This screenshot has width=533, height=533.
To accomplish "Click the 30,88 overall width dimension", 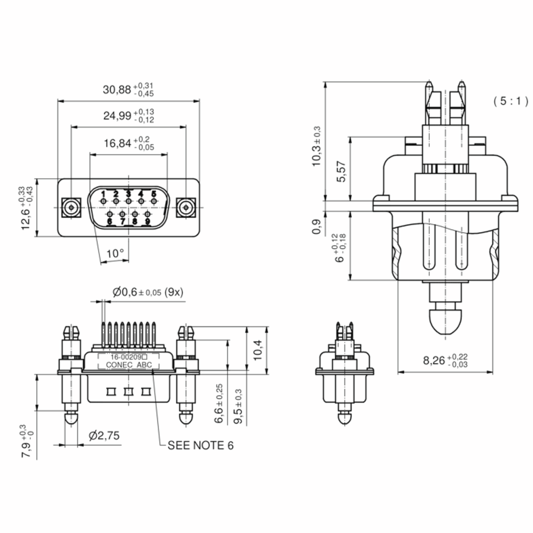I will pyautogui.click(x=117, y=90).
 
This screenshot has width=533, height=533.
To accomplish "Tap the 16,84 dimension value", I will pyautogui.click(x=117, y=143).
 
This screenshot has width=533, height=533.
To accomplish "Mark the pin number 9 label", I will pyautogui.click(x=148, y=221).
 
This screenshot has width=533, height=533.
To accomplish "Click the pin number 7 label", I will pyautogui.click(x=123, y=221).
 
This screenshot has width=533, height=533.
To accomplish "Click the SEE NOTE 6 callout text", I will pyautogui.click(x=201, y=445).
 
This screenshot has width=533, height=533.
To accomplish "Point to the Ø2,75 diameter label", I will pyautogui.click(x=104, y=435).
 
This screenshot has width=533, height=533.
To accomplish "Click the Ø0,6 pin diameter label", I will pyautogui.click(x=125, y=292).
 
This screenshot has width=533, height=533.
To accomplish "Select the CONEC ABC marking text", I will pyautogui.click(x=129, y=365).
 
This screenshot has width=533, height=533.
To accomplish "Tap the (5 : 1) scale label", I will pyautogui.click(x=511, y=101).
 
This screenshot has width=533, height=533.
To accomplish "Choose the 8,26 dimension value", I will pyautogui.click(x=434, y=360).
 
